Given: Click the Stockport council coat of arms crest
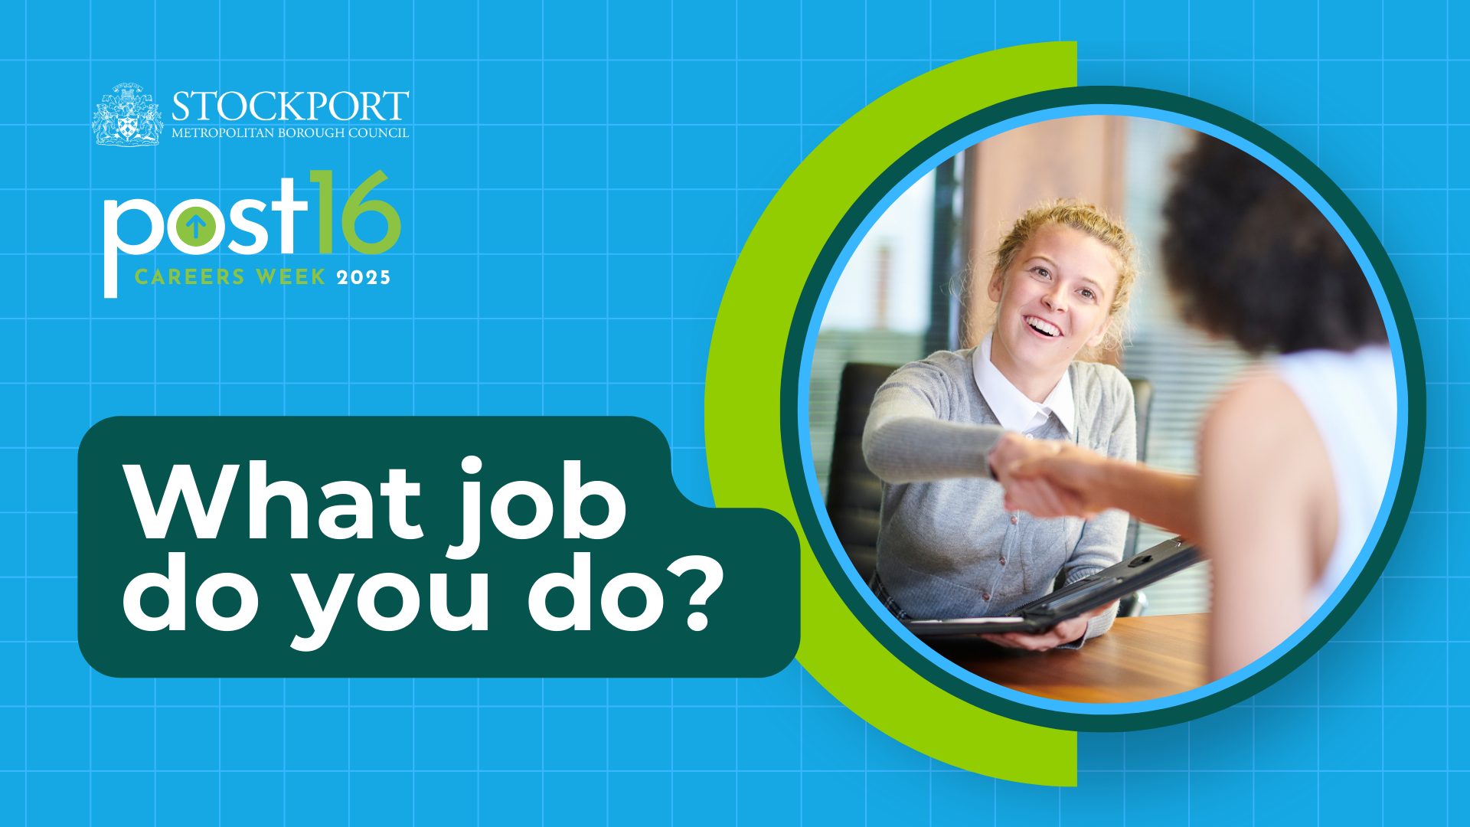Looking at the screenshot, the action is [x=127, y=115].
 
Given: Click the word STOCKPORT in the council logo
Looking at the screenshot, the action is [x=290, y=106].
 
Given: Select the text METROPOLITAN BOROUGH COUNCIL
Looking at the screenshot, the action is [x=290, y=133].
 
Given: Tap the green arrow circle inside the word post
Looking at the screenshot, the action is [x=195, y=226].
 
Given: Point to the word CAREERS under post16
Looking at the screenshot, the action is [x=190, y=277].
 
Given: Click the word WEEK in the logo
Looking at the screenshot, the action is [x=291, y=277].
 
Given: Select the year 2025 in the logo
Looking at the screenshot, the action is [x=364, y=277].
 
